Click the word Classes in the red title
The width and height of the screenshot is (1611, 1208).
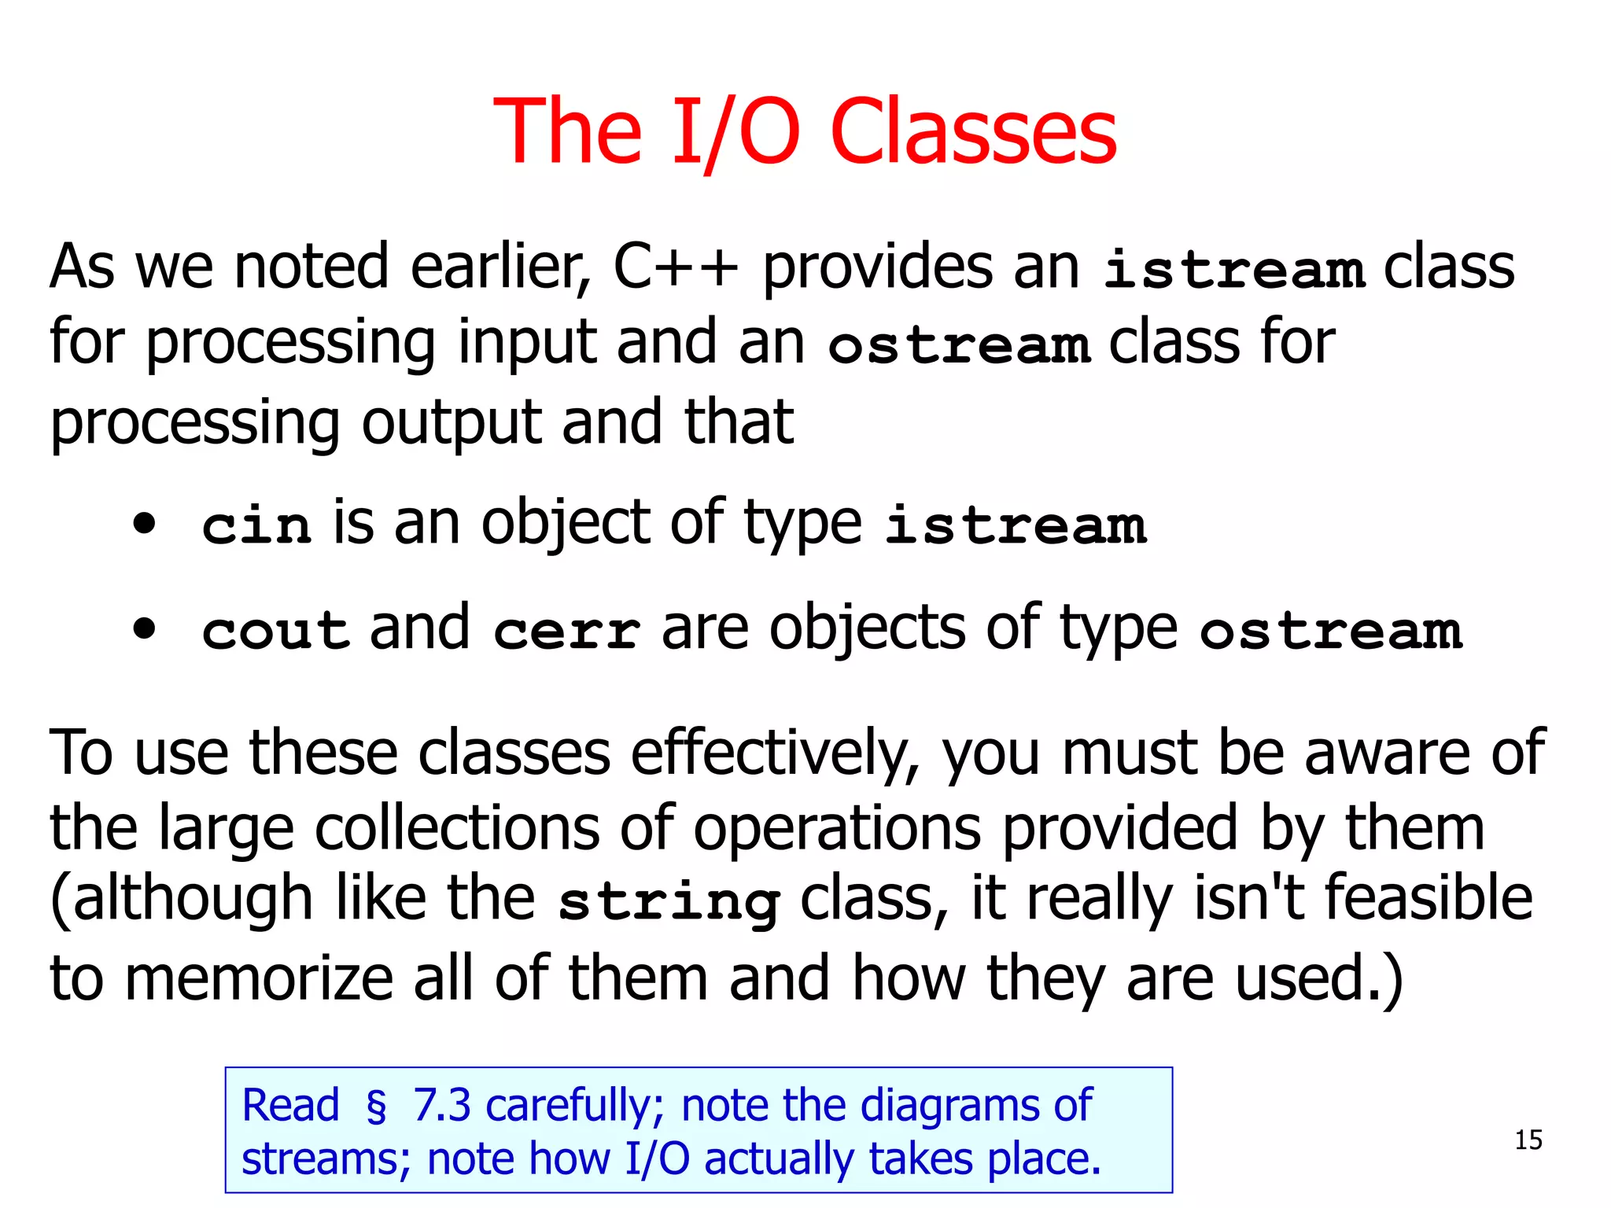point(973,131)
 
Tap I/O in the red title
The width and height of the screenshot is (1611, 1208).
point(735,131)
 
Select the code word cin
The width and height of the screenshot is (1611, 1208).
point(256,525)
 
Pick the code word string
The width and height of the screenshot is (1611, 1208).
point(669,902)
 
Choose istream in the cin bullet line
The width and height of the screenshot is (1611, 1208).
point(1016,525)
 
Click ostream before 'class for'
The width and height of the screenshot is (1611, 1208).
point(959,345)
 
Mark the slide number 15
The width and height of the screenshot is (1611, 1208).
point(1528,1140)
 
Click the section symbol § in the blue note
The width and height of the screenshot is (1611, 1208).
point(376,1106)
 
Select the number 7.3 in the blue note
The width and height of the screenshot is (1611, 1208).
point(441,1105)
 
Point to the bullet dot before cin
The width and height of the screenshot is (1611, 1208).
point(145,523)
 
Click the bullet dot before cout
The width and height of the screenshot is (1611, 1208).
point(145,628)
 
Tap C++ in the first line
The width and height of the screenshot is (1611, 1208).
point(676,267)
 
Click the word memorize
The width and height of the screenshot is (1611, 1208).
point(259,978)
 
